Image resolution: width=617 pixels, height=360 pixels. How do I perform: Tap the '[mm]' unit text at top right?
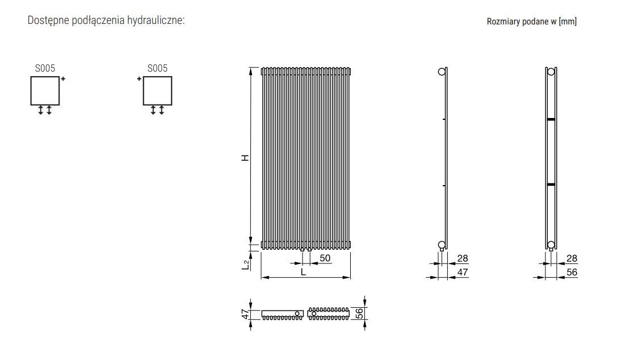(568, 21)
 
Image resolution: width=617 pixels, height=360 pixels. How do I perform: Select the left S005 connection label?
(45, 69)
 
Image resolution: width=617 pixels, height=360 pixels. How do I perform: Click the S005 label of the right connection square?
(157, 69)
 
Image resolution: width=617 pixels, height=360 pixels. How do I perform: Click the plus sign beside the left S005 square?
(63, 79)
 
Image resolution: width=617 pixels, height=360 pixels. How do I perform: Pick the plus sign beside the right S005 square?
(139, 79)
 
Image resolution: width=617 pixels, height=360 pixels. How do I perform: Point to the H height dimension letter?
(246, 158)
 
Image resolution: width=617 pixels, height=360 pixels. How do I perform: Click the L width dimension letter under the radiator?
(303, 272)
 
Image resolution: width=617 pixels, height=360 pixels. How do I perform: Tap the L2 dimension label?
(246, 265)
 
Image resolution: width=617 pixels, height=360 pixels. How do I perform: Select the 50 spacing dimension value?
(325, 258)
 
